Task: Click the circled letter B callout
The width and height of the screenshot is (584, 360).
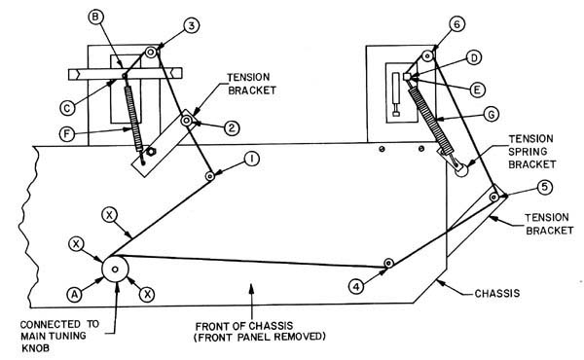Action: (96, 17)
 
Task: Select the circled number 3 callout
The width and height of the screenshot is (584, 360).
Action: (192, 25)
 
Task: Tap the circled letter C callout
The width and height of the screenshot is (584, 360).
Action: (67, 108)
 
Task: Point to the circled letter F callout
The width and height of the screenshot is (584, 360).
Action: (67, 134)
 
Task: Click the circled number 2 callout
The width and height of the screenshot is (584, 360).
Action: (232, 128)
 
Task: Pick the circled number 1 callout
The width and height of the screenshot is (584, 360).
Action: (252, 160)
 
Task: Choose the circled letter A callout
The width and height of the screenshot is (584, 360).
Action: (75, 295)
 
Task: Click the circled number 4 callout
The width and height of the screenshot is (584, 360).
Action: (356, 287)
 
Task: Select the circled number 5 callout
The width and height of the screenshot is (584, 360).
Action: (544, 187)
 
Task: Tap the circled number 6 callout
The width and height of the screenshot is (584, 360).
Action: (457, 24)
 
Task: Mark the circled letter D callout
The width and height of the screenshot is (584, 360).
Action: (474, 57)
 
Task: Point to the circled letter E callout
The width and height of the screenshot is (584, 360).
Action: (477, 90)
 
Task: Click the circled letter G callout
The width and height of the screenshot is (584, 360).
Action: (492, 114)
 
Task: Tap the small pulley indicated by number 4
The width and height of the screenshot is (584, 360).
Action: (388, 263)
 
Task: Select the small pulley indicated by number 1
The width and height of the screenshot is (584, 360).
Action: (210, 176)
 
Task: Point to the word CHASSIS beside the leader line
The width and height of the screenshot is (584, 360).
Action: (496, 294)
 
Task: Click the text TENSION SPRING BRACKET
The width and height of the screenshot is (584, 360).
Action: (531, 152)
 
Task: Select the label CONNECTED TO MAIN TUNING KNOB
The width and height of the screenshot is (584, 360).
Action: (59, 337)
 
